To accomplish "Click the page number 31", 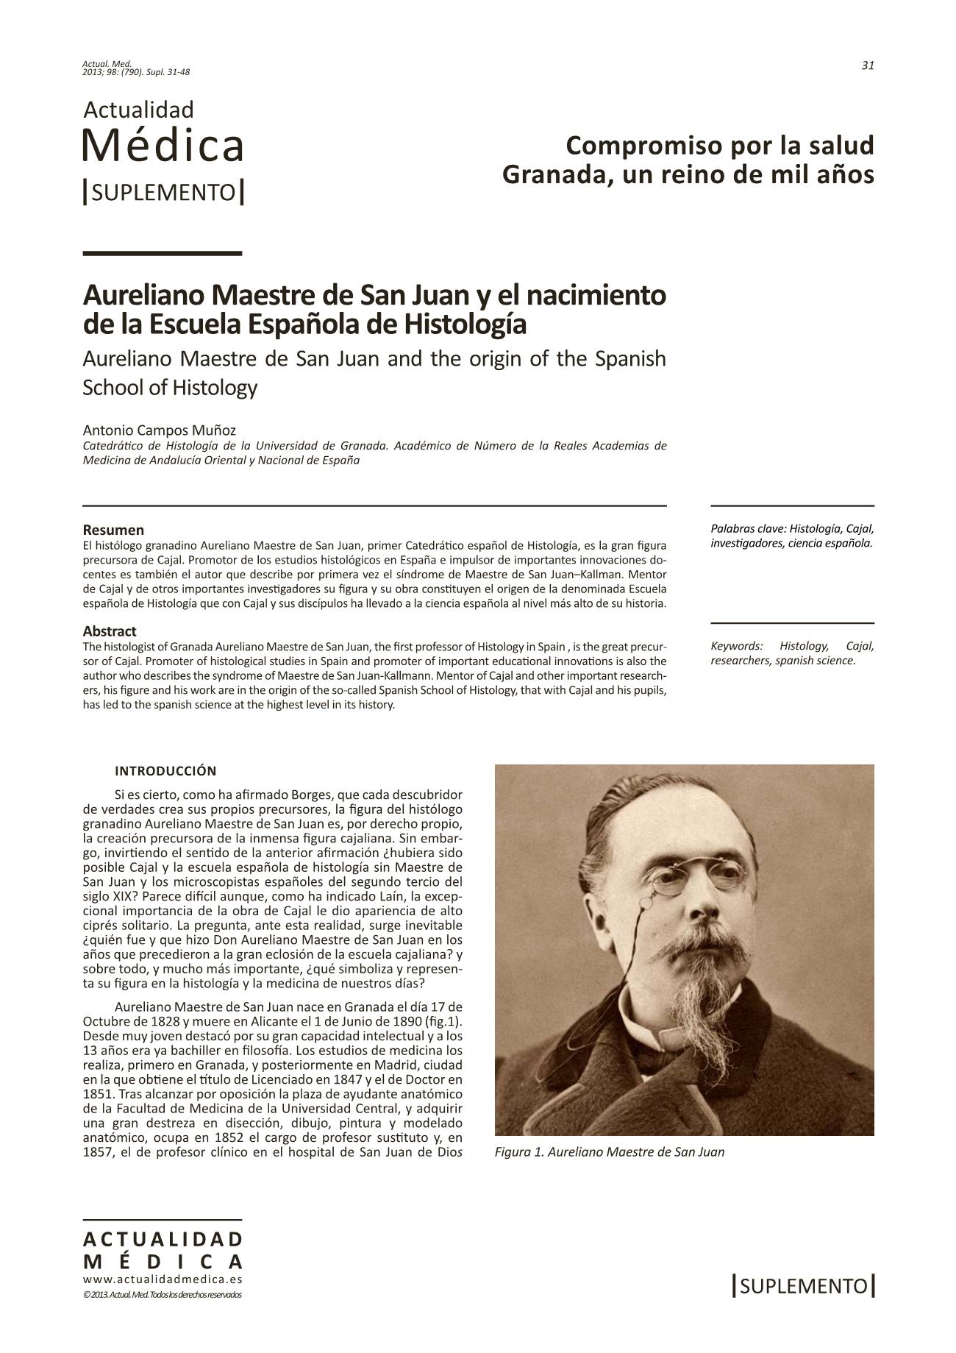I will (867, 65).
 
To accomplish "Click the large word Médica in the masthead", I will (163, 146).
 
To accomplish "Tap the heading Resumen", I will (113, 530).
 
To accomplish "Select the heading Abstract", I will (110, 631).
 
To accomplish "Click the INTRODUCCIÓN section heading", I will (165, 771).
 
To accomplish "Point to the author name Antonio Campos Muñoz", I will (160, 430).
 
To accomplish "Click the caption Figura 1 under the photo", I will (610, 1152).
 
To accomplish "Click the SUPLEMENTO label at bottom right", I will (804, 1286).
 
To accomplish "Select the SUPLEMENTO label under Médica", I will (163, 193).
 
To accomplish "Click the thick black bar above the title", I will (163, 253).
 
